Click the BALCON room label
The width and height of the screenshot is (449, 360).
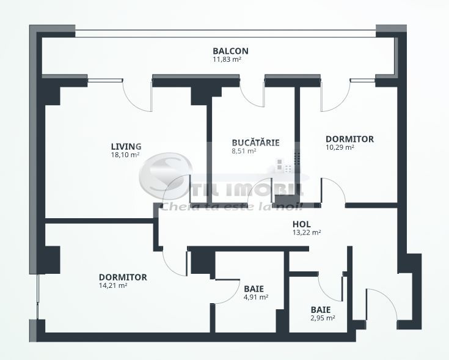[x=230, y=51]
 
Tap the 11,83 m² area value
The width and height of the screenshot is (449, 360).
[x=226, y=60]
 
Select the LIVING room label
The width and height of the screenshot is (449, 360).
[x=126, y=147]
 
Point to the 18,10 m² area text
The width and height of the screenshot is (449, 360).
[x=125, y=155]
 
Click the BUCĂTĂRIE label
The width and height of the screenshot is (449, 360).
[x=255, y=143]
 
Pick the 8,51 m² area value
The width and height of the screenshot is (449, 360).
[x=244, y=152]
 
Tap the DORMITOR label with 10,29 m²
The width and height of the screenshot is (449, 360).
[x=349, y=139]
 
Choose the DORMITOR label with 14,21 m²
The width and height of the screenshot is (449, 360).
[x=123, y=277]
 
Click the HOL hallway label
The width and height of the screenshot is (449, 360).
[x=302, y=224]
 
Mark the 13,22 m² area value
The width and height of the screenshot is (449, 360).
[x=307, y=232]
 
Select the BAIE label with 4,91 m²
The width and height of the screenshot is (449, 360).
[x=254, y=288]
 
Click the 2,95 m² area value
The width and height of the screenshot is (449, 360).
[x=323, y=318]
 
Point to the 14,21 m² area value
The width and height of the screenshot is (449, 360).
[x=113, y=285]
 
